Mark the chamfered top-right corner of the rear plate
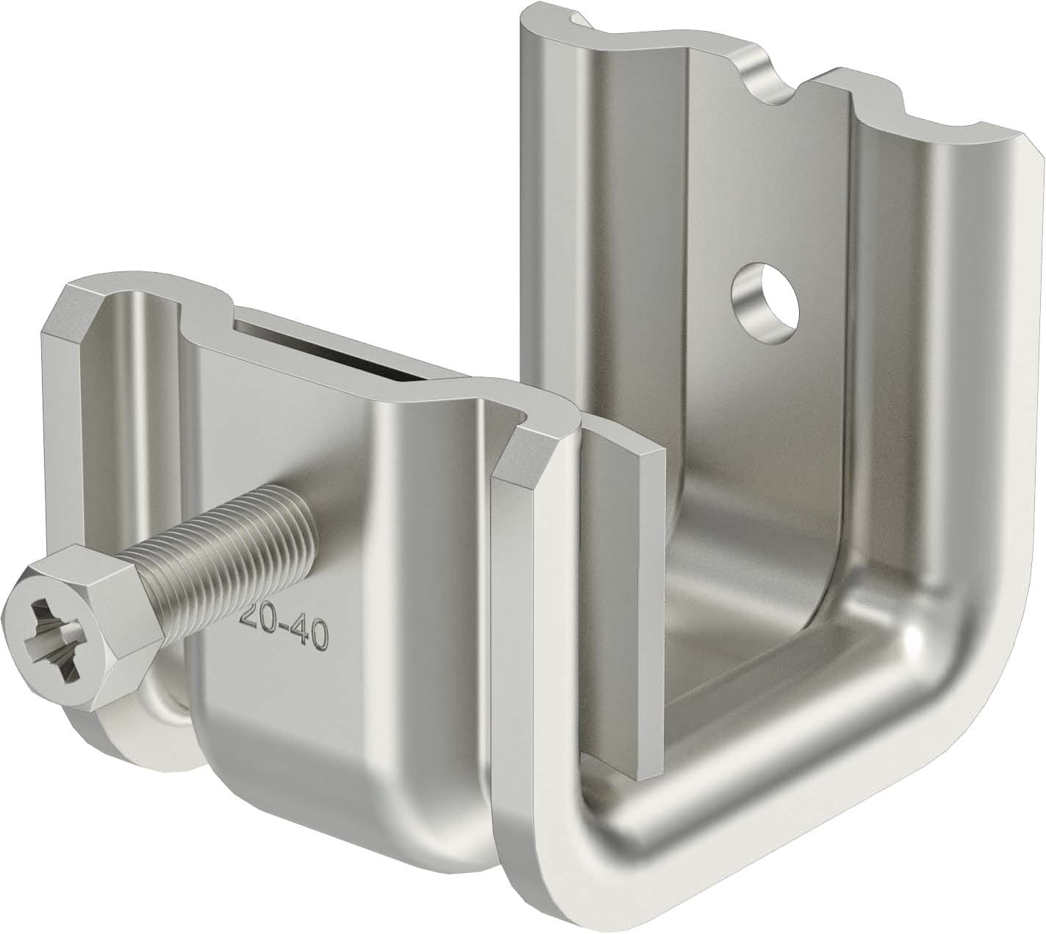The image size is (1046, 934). click(1025, 143)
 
